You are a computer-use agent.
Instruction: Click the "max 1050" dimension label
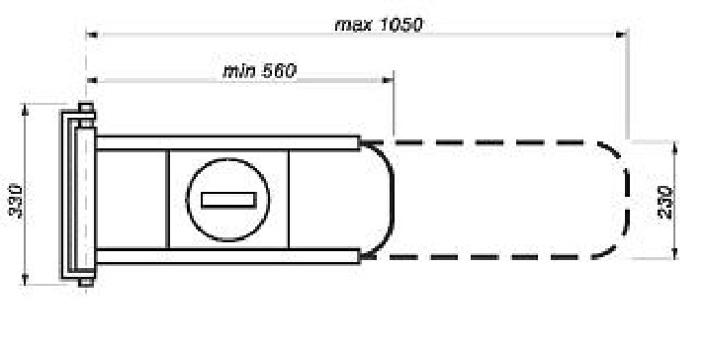tap(379, 25)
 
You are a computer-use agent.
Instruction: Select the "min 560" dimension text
tap(260, 71)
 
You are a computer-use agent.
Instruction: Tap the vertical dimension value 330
tap(16, 201)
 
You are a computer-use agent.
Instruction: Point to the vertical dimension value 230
tap(665, 202)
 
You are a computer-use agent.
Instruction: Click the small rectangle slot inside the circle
tap(228, 200)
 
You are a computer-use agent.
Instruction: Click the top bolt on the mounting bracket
tap(86, 108)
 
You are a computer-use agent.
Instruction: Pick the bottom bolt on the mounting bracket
tap(86, 282)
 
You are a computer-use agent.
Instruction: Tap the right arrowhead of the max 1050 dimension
tap(622, 35)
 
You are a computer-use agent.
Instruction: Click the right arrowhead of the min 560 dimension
tap(388, 80)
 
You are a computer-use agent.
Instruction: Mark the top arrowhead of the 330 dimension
tap(25, 110)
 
